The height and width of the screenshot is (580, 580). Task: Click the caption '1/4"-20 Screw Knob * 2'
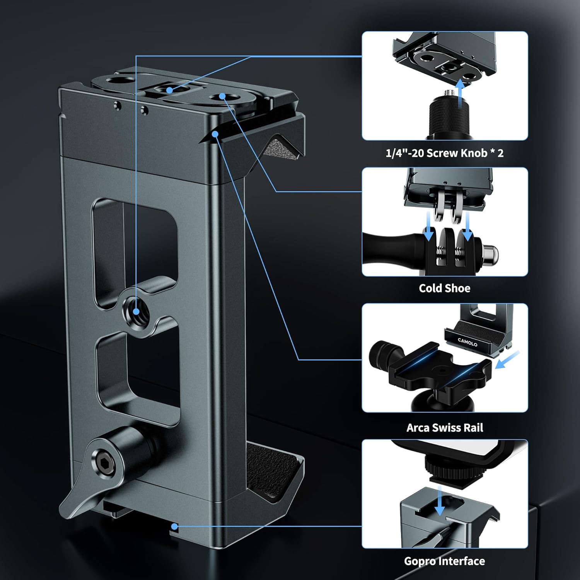[444, 153]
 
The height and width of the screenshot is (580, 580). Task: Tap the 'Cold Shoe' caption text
[444, 288]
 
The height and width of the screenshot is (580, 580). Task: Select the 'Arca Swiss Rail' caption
[445, 427]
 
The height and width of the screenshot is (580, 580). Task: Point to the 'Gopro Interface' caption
[444, 561]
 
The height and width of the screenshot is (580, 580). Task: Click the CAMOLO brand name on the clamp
[467, 342]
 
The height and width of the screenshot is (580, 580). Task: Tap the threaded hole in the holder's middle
[136, 311]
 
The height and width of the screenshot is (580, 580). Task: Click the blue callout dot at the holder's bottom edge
[175, 526]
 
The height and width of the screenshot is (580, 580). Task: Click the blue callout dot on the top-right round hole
[222, 96]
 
